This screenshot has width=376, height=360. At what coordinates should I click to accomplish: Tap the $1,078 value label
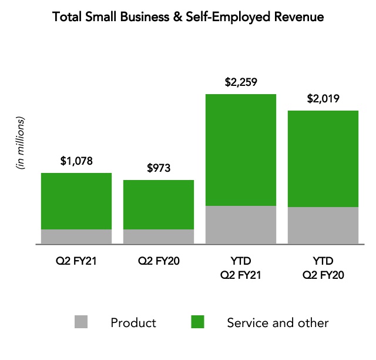point(76,160)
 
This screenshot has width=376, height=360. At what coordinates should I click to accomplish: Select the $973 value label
point(159,168)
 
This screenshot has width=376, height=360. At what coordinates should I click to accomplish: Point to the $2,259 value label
point(241,82)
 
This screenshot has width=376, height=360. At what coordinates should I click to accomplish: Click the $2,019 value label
point(323,98)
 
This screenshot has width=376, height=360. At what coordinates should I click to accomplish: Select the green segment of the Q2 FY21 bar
point(76,201)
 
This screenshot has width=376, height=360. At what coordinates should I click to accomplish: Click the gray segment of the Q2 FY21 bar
point(76,236)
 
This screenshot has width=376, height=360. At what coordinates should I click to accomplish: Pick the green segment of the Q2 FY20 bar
point(159,204)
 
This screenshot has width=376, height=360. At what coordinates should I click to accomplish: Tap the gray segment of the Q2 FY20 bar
point(159,236)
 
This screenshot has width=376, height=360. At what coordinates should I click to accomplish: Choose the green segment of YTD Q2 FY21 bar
point(241,149)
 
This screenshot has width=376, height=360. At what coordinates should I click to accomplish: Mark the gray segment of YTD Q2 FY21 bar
point(241,225)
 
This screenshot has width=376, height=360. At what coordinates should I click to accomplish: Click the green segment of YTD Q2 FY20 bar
point(323,158)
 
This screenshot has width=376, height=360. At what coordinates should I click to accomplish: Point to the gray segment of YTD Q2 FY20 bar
point(323,225)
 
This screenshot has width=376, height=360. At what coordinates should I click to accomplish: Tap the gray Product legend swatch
point(82,322)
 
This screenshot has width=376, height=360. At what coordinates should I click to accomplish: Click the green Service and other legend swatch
point(198,322)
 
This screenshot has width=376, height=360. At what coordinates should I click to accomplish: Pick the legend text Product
point(133,322)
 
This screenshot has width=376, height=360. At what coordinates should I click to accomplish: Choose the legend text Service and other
point(278,322)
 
